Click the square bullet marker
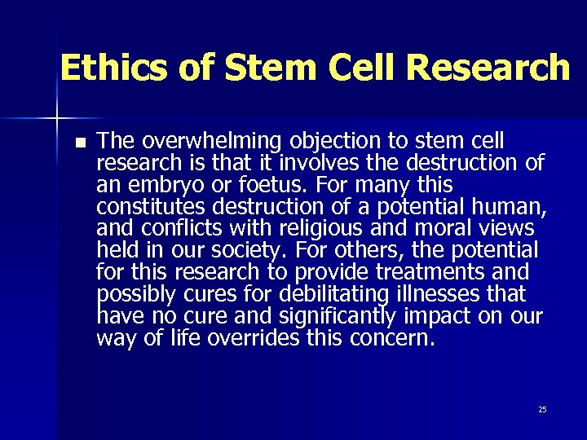[78, 142]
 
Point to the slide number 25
[542, 409]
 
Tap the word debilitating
[341, 294]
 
